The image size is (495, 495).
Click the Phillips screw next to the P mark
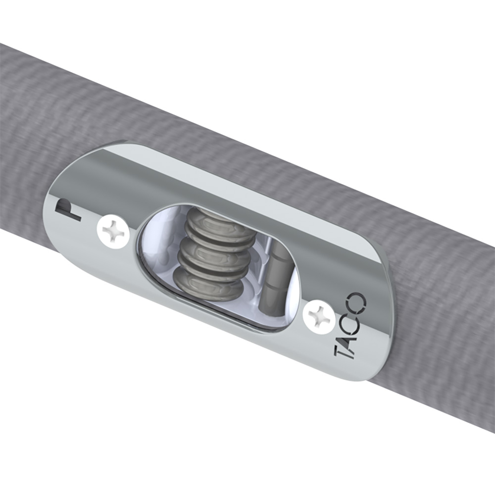113,230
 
